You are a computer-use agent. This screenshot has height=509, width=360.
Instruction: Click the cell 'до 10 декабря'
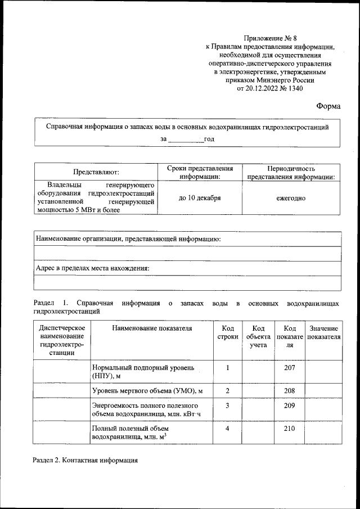(x=200, y=198)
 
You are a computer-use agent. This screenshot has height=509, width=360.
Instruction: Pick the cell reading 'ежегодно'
(x=291, y=198)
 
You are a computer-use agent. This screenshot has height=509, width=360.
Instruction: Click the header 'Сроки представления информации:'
(x=200, y=172)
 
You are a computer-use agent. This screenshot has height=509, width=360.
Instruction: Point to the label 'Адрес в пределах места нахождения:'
(x=93, y=268)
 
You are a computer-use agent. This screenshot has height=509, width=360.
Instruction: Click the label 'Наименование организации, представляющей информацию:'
(x=128, y=238)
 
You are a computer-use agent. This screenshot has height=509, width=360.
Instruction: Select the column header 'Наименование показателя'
(x=152, y=328)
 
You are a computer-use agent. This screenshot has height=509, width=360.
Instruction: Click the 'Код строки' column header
(x=227, y=332)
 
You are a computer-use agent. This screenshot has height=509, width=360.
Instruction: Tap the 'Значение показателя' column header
(x=323, y=332)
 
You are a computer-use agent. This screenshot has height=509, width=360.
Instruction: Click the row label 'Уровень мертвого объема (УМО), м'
(x=147, y=390)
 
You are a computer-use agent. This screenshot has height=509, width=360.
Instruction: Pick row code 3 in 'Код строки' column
(x=227, y=405)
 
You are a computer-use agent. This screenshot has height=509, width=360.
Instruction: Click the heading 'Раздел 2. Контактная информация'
(x=86, y=461)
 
